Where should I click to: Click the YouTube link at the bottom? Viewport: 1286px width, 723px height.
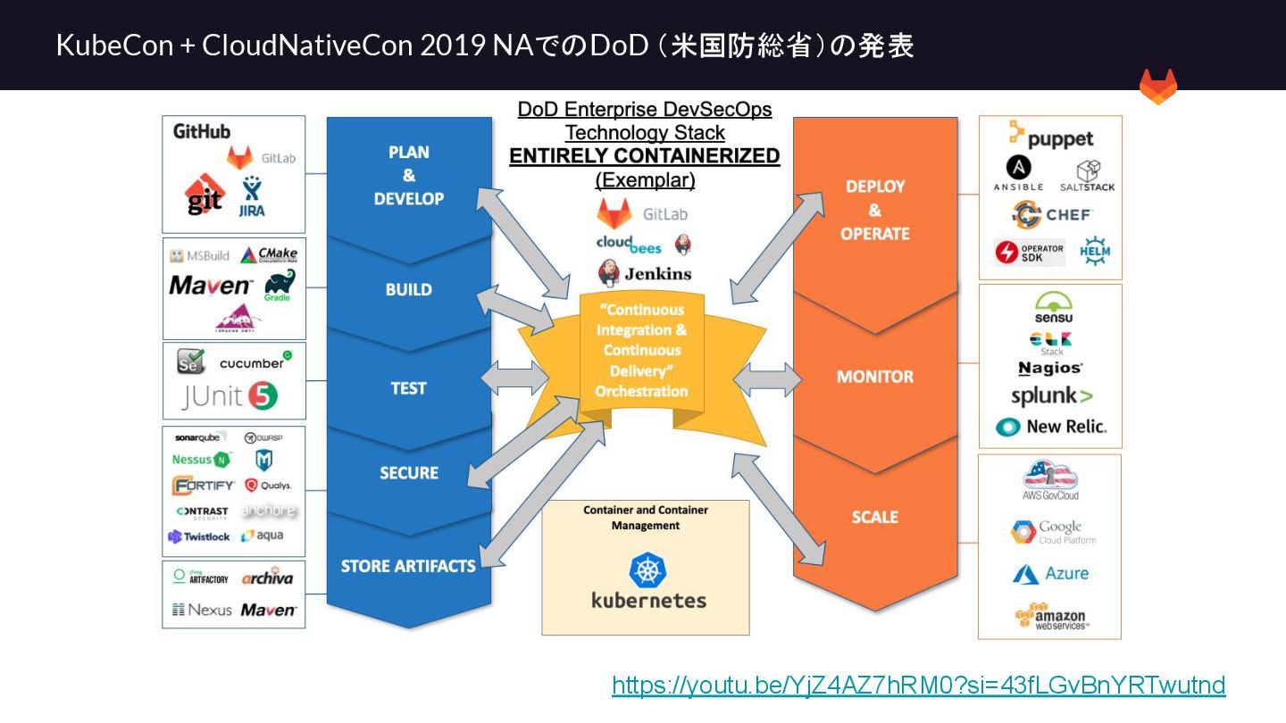point(918,686)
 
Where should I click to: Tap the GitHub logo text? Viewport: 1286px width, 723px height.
point(202,131)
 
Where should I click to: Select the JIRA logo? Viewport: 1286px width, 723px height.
point(252,197)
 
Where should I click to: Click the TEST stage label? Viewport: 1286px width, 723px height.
point(408,388)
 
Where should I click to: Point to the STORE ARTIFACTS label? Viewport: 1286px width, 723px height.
point(408,566)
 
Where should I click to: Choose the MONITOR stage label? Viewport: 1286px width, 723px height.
point(874,377)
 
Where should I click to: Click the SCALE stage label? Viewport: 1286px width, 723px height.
point(874,517)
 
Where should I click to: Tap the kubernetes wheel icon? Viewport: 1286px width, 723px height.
point(647,570)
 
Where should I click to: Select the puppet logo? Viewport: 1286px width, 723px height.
point(1050,137)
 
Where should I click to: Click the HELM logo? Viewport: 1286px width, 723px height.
point(1095,251)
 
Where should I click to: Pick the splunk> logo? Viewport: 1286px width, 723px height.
point(1051,396)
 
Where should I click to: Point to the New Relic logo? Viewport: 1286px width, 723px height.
point(1051,427)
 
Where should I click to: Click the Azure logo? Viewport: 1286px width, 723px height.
point(1050,574)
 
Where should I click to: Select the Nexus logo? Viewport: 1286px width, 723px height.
point(202,610)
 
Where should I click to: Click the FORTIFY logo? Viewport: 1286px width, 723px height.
point(204,486)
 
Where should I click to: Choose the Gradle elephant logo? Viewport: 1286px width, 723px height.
point(279,285)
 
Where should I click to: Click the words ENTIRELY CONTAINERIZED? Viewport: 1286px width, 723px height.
point(644,156)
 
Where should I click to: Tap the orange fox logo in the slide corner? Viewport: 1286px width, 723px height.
point(1157,87)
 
